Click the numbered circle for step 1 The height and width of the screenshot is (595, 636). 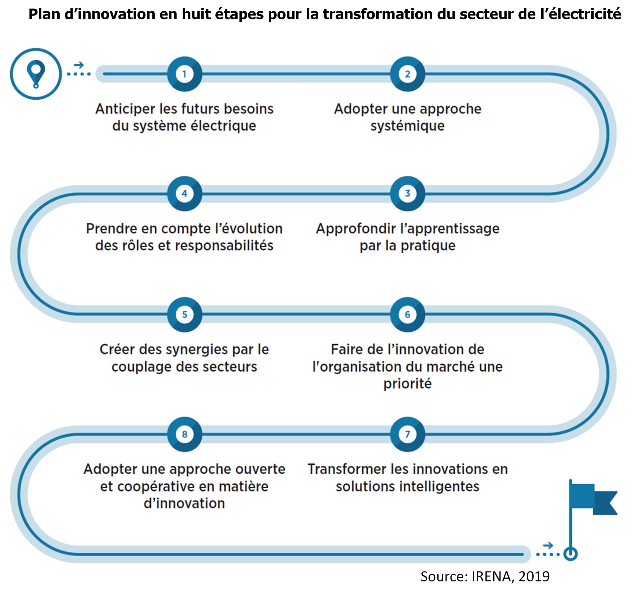click(185, 74)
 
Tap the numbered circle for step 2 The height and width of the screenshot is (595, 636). click(407, 74)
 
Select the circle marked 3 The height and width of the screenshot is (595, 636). click(407, 193)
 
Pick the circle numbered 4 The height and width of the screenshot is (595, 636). click(185, 193)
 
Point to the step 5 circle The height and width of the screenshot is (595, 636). click(185, 314)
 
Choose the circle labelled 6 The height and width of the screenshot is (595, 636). click(407, 314)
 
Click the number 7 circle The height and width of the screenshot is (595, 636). click(407, 434)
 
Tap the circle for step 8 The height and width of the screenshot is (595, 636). click(185, 434)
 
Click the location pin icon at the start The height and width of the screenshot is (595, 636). click(36, 74)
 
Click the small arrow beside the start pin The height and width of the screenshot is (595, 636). click(79, 65)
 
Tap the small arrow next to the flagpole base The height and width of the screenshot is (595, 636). click(548, 545)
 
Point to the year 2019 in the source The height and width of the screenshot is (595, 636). click(534, 577)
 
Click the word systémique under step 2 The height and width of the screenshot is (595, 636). click(407, 126)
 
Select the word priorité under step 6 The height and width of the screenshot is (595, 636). click(407, 384)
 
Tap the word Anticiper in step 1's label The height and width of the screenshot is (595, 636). click(125, 109)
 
